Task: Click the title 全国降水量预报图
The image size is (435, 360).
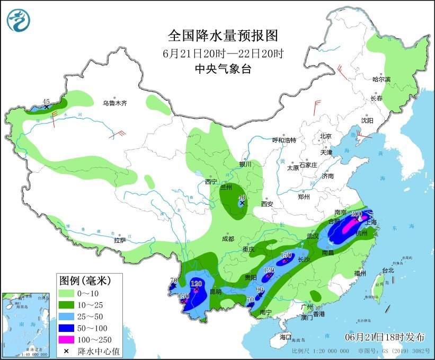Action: (223, 36)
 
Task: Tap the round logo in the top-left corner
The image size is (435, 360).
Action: (19, 20)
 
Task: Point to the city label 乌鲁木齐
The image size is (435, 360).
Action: (115, 103)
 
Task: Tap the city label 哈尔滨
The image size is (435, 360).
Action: (381, 79)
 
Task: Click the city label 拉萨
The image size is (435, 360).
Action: (120, 240)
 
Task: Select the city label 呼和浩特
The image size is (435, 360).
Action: (284, 140)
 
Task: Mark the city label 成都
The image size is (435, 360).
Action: (228, 239)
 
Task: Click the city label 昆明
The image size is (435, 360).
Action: (215, 292)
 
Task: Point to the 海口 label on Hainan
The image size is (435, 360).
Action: (286, 337)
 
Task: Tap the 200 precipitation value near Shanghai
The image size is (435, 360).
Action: (357, 214)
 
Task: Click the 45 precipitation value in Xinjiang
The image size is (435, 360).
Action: (46, 101)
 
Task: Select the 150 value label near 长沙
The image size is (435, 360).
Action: (286, 255)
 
